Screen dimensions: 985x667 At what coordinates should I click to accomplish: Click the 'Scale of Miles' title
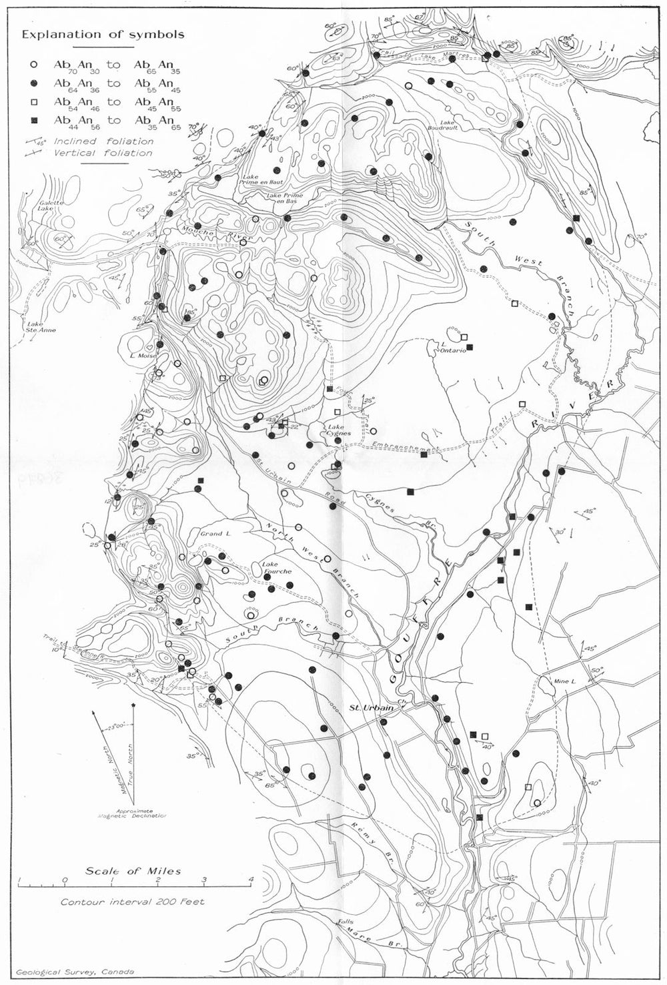click(133, 871)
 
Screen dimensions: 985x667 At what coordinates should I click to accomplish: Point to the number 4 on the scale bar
click(251, 879)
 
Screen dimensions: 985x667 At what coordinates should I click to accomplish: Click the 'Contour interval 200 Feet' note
click(133, 902)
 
